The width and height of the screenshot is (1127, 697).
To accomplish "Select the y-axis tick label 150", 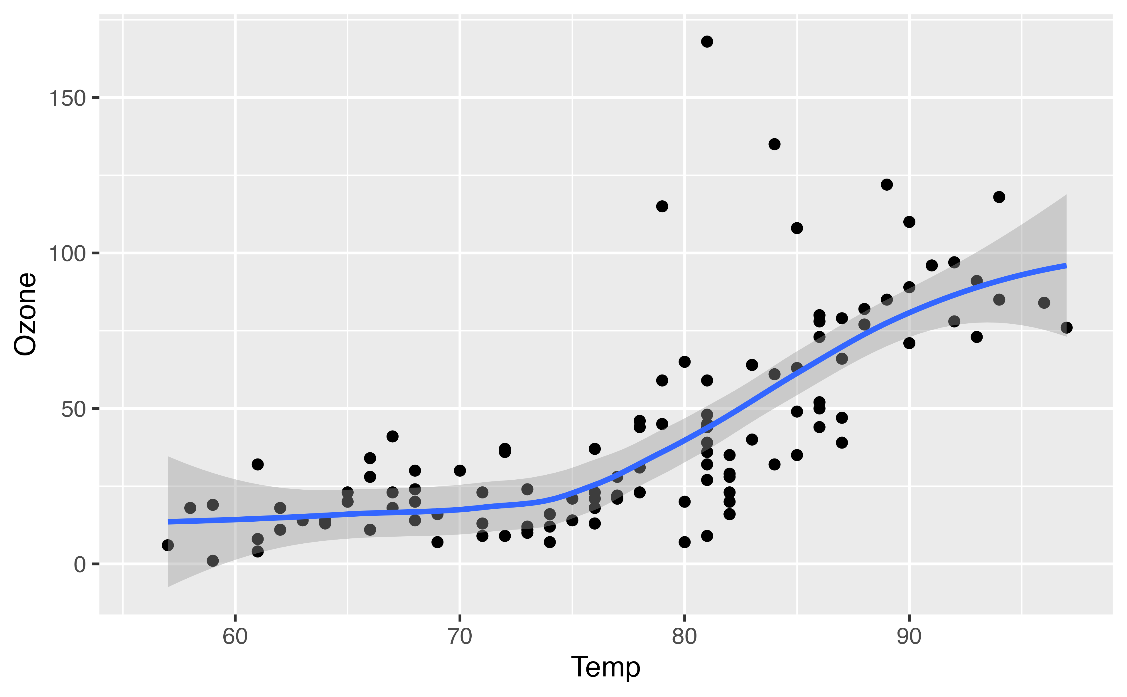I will click(x=67, y=98).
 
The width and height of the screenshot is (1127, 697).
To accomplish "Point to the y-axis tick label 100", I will click(x=67, y=253).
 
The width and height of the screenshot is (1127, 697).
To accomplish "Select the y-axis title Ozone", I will click(x=25, y=314).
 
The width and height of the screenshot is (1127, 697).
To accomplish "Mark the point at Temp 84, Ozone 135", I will click(x=774, y=144).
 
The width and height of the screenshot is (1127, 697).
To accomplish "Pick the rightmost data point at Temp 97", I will click(x=1066, y=328).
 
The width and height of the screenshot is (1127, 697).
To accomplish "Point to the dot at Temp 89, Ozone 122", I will click(x=887, y=185).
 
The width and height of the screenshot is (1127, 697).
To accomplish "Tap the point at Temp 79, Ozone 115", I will click(x=662, y=206).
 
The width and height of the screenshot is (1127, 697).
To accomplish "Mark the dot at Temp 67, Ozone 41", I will click(x=392, y=436).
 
